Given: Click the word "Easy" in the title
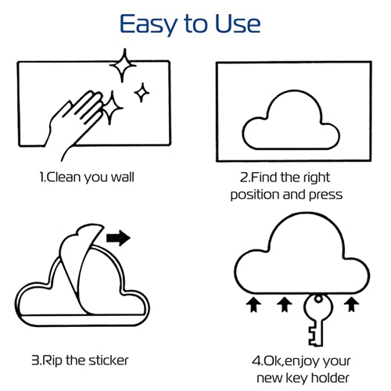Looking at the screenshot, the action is pyautogui.click(x=149, y=25).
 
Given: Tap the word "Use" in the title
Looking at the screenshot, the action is pyautogui.click(x=238, y=23).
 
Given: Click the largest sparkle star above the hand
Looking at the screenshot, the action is pyautogui.click(x=123, y=65).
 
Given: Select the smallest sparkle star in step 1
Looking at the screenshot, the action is pyautogui.click(x=142, y=92).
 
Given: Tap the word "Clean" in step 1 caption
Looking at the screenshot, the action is pyautogui.click(x=63, y=177).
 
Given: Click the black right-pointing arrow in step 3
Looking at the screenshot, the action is pyautogui.click(x=118, y=238).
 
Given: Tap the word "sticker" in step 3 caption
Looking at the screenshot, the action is pyautogui.click(x=108, y=361).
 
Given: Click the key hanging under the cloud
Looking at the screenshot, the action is pyautogui.click(x=317, y=319).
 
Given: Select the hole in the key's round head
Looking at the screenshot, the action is pyautogui.click(x=318, y=299).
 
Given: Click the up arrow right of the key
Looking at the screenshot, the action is pyautogui.click(x=352, y=304).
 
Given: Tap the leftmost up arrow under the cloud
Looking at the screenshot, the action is pyautogui.click(x=253, y=305).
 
